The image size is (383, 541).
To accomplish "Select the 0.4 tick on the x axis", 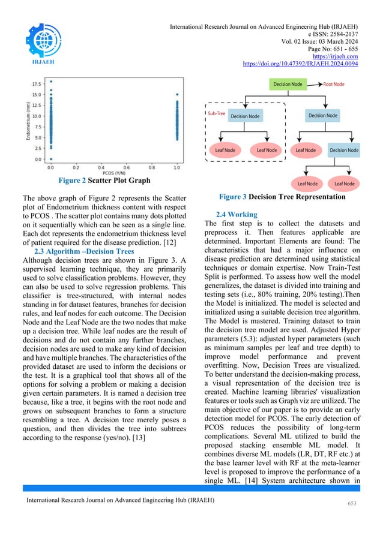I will coord(101,168).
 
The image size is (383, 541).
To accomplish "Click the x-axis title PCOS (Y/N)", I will coord(113,174).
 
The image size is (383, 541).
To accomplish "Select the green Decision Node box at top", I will coord(288,85).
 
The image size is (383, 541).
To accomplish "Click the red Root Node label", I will coord(334,85).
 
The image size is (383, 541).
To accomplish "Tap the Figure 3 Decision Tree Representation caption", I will coord(282,196).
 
